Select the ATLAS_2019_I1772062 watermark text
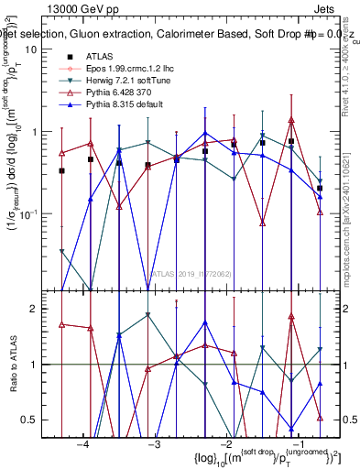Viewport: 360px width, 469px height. (191, 273)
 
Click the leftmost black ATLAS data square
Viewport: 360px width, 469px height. (61, 170)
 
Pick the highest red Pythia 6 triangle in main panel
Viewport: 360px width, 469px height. (291, 120)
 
